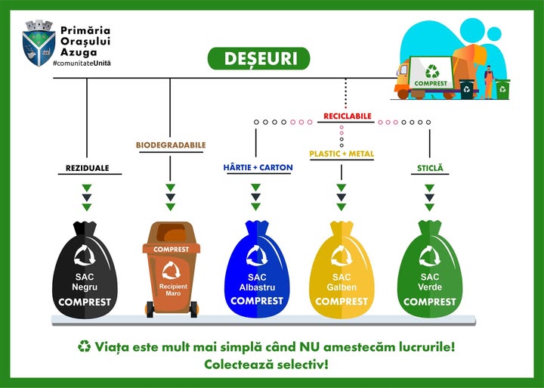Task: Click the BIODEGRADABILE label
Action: tap(171, 144)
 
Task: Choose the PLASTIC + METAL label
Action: tap(342, 154)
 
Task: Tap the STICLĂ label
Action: tap(429, 167)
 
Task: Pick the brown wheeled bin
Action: tap(172, 268)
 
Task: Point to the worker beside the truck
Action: tap(488, 82)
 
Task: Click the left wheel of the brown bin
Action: tap(150, 309)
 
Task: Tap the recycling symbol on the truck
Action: tap(432, 72)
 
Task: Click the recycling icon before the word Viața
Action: tap(84, 346)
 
